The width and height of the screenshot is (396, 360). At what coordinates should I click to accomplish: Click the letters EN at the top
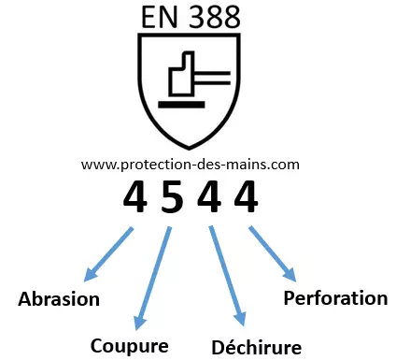161,16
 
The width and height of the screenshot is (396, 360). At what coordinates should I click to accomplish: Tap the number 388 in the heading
212,16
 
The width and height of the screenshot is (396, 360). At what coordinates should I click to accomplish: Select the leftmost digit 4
135,196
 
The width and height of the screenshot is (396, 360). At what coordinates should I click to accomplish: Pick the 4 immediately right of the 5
209,196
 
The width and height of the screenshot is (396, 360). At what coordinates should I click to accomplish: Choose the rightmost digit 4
246,196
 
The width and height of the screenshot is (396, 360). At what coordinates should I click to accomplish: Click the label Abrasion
58,300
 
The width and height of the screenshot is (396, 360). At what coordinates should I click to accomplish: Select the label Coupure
129,345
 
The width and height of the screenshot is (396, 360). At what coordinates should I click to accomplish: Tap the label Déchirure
255,347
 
